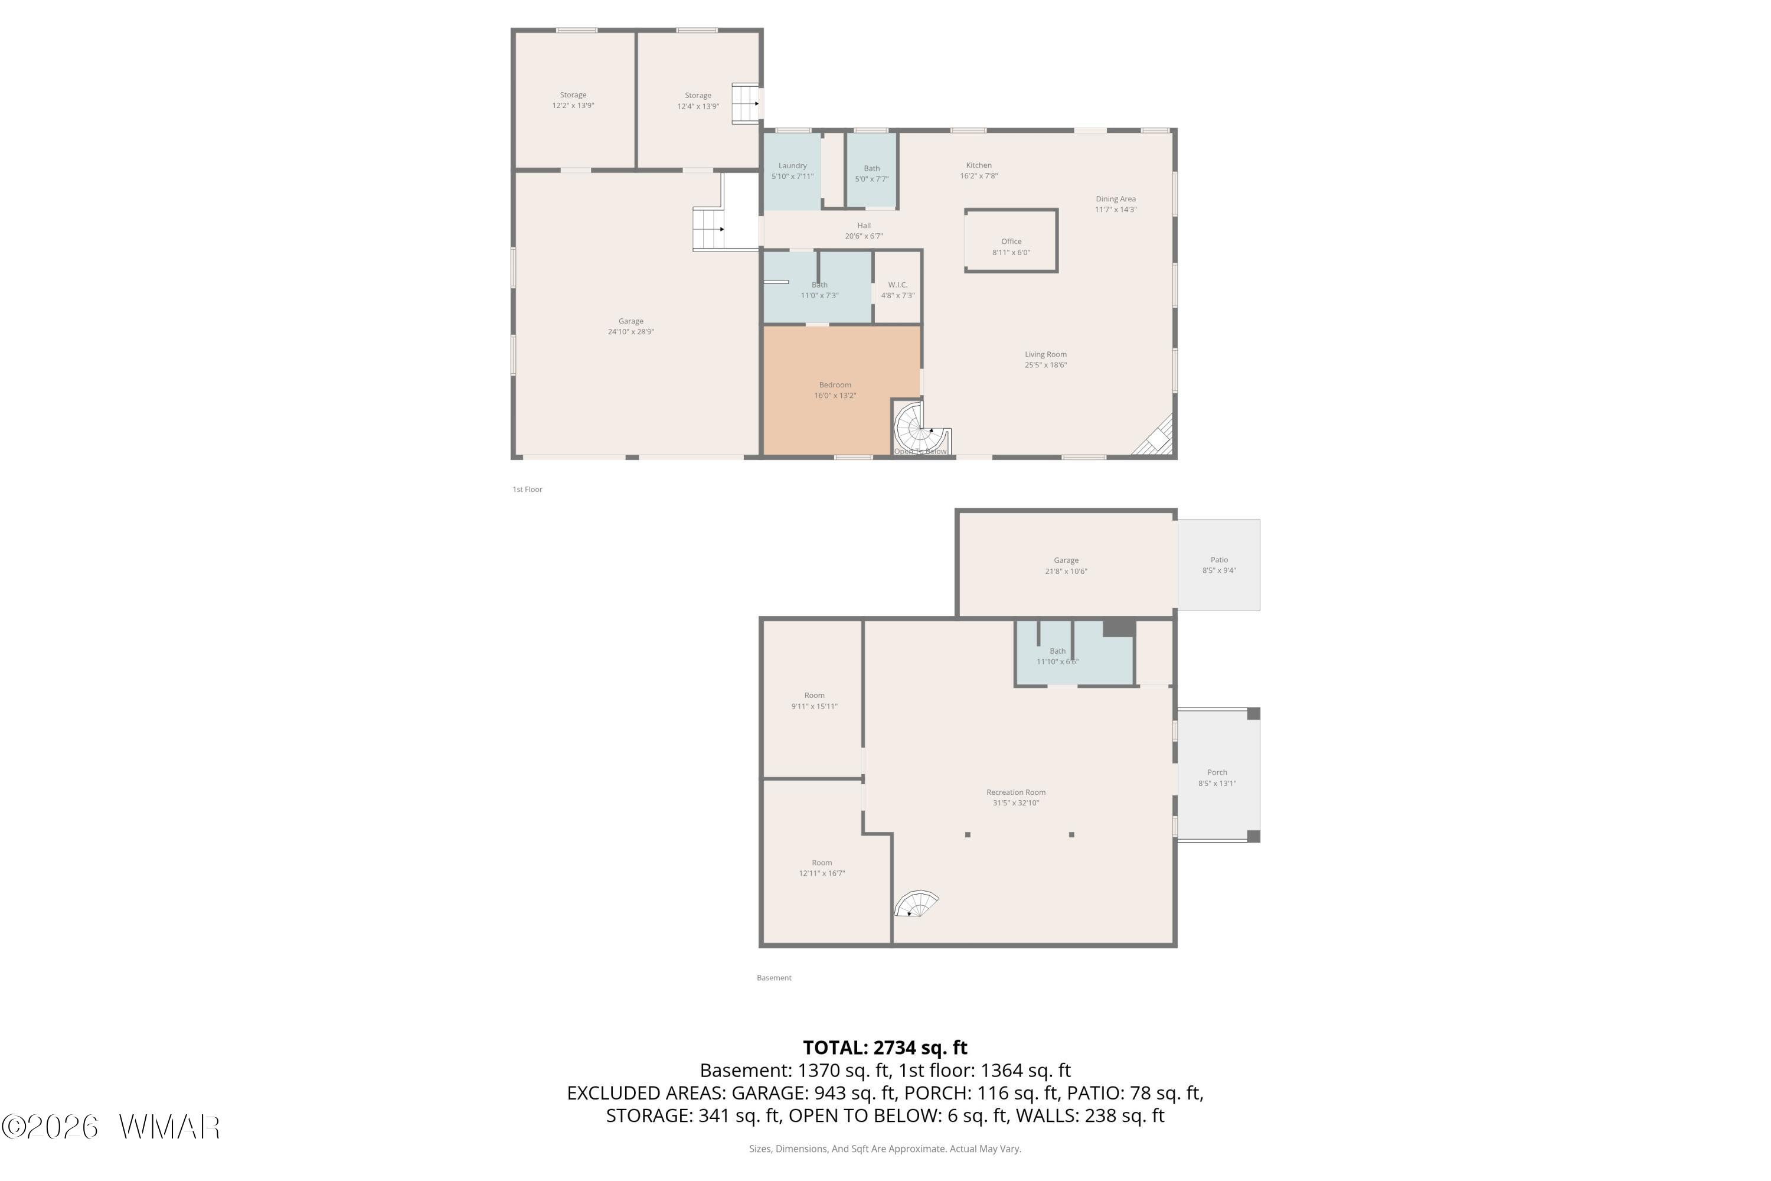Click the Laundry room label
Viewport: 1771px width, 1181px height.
792,166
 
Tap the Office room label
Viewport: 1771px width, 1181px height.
1011,242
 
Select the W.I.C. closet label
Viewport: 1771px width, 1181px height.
897,285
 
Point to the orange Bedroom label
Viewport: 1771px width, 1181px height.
835,385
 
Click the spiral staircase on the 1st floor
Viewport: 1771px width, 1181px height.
920,428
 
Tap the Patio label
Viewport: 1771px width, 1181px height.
1219,560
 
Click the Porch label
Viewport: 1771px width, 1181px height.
1217,772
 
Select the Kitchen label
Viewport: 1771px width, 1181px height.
979,165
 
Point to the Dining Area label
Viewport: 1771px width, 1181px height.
1116,199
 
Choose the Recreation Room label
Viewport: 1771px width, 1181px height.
1016,792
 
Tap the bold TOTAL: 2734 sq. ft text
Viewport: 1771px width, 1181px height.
885,1048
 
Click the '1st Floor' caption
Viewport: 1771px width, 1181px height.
527,490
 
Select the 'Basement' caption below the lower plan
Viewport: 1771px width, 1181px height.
774,978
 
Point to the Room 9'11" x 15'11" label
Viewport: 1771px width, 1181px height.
814,700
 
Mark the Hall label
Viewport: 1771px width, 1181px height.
864,225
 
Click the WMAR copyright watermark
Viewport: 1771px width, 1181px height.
111,1127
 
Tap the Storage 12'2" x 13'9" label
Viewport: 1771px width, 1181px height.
573,100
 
